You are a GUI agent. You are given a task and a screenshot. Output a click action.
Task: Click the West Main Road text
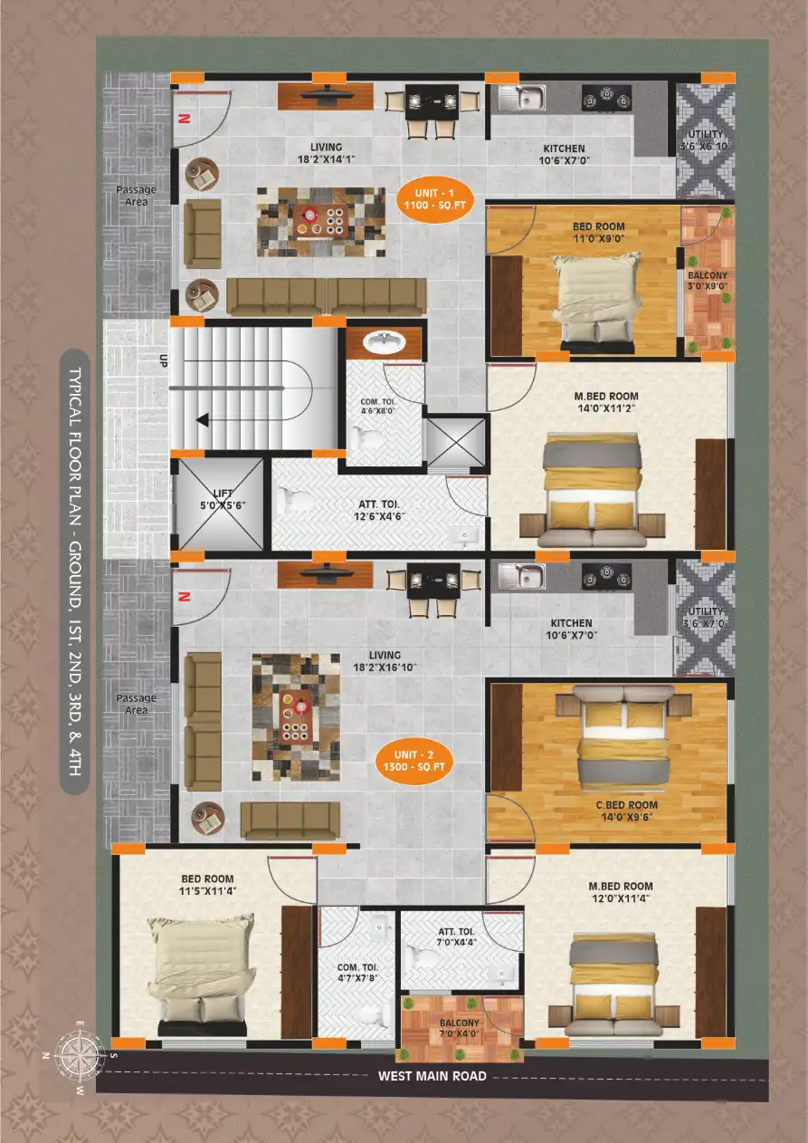432,1076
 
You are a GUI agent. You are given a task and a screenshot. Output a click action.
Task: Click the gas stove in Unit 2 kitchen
604,574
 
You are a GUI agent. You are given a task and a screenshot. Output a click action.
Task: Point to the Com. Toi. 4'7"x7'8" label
357,974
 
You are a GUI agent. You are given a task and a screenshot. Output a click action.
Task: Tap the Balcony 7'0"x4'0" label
461,1026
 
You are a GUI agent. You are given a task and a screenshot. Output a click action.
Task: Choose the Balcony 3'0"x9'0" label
708,281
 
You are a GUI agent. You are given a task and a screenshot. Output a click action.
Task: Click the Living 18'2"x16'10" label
385,661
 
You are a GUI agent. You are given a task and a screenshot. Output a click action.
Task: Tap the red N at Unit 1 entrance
183,119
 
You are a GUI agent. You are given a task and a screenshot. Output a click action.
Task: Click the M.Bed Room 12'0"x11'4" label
620,892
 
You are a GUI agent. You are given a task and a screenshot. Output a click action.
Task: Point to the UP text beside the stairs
164,360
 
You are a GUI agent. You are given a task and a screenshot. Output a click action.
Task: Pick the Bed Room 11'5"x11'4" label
207,885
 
